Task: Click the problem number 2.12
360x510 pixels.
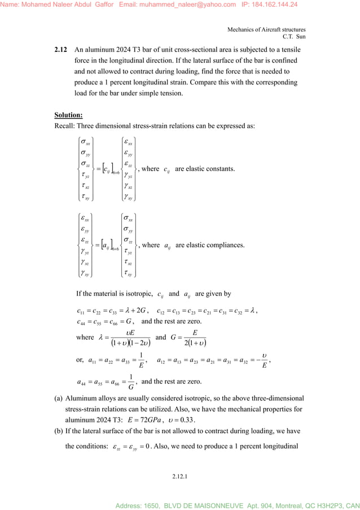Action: tap(61, 50)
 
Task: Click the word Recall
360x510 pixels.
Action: tap(64, 125)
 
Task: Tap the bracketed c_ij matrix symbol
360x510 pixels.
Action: tap(107, 169)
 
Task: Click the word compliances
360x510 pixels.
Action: tap(226, 245)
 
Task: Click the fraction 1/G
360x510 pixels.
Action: tap(131, 382)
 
